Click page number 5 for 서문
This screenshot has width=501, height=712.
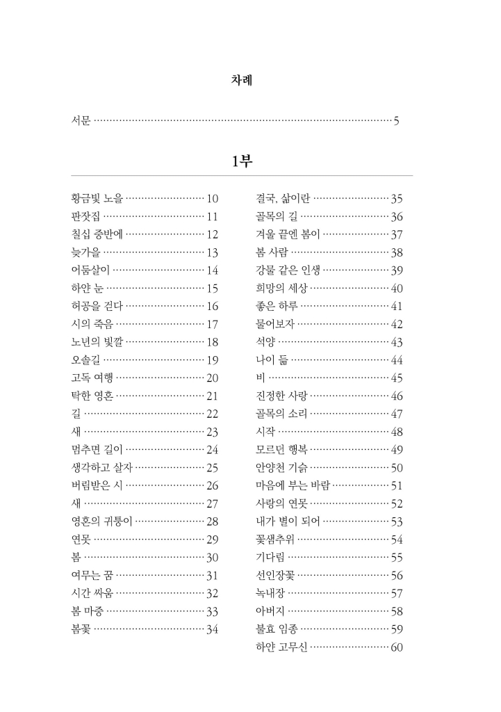[x=396, y=122]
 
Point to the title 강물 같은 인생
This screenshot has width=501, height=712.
[x=288, y=270]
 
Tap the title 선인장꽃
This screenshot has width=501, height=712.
[x=275, y=575]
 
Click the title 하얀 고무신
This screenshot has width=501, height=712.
[x=281, y=648]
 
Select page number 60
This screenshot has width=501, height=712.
[x=397, y=648]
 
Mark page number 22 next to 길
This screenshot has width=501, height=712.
[x=213, y=414]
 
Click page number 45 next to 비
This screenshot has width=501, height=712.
[x=397, y=378]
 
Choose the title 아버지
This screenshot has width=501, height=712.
[x=270, y=611]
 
